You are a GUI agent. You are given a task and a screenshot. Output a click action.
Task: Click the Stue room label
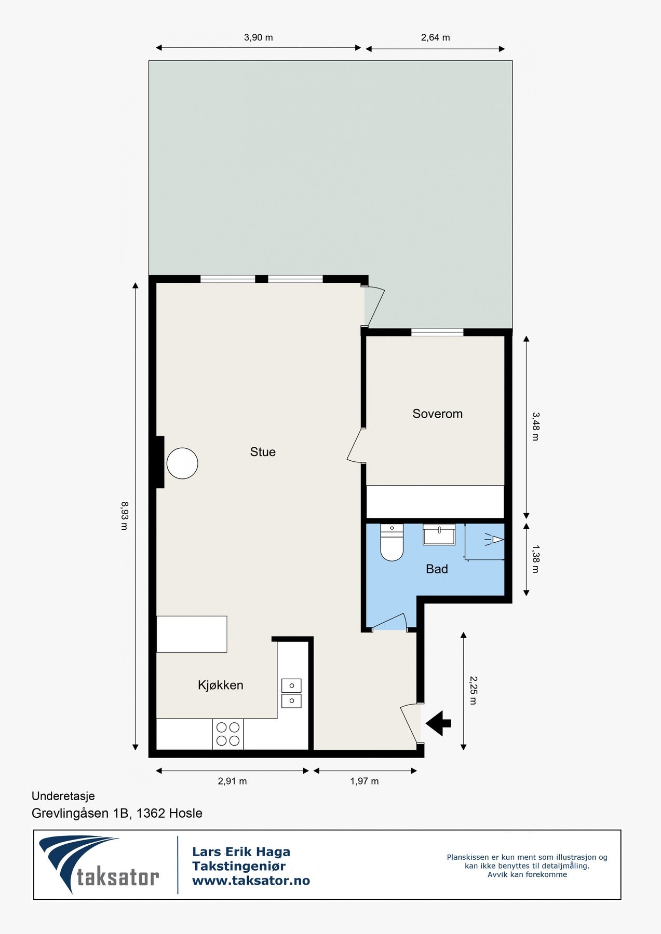(x=263, y=452)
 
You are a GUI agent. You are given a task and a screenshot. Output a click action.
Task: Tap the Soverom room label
(x=437, y=414)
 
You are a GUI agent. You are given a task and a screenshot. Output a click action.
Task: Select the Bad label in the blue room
(x=437, y=569)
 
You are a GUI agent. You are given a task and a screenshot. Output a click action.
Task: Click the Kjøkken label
(x=221, y=685)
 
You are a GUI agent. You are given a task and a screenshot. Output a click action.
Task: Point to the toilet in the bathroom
(x=392, y=543)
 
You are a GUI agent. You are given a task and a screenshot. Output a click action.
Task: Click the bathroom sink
(x=439, y=534)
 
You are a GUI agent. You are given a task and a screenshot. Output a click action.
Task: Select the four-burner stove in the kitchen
(x=228, y=734)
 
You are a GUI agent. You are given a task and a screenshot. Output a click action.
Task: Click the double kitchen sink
(x=291, y=693)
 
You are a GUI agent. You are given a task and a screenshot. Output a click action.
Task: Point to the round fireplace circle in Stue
(x=182, y=463)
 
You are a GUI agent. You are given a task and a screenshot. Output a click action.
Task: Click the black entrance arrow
(x=439, y=723)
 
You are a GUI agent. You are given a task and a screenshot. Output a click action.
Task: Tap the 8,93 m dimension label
(x=124, y=515)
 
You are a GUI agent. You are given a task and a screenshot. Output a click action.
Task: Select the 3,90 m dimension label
(x=258, y=37)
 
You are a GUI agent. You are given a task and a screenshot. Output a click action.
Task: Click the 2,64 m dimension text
(x=435, y=37)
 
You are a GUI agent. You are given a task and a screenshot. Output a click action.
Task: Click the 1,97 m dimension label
(x=364, y=781)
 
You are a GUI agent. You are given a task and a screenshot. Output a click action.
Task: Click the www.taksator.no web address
(x=251, y=881)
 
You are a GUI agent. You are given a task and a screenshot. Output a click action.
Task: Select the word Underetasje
(x=63, y=796)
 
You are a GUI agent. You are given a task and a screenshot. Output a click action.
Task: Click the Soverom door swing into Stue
(x=356, y=446)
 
